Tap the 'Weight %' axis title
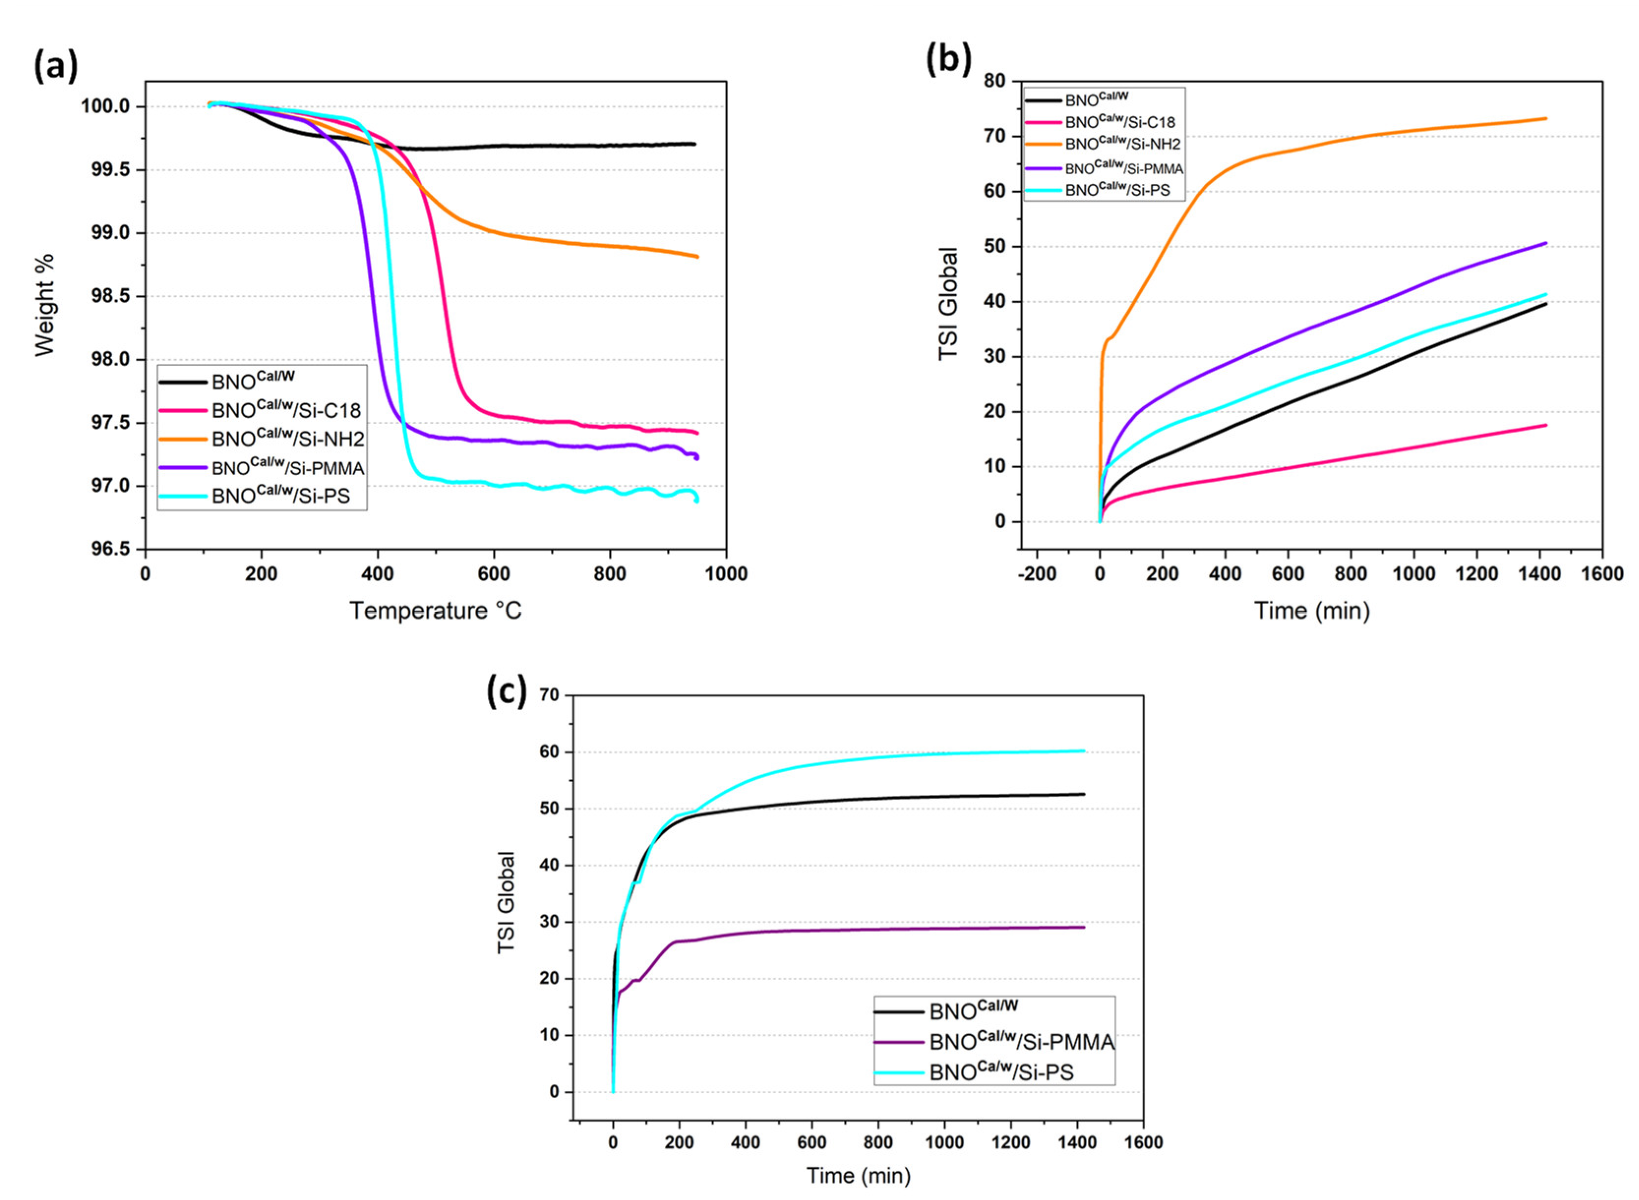45,305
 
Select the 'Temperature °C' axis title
436,611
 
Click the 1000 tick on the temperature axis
725,574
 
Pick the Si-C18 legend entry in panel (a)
285,411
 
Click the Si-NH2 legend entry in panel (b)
1122,144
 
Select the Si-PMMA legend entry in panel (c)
1020,1042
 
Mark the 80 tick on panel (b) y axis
994,81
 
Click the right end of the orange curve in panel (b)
1546,119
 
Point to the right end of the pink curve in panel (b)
1546,425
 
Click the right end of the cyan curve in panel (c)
1083,750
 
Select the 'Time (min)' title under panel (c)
859,1175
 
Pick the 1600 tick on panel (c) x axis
1143,1142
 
